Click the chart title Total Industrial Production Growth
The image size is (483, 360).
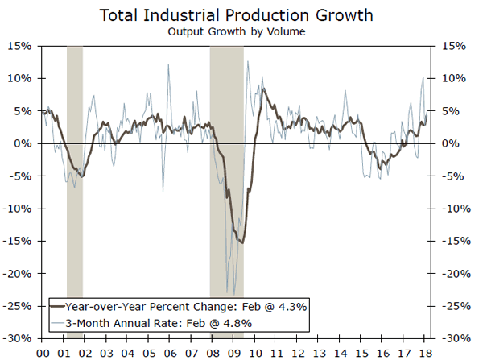241,15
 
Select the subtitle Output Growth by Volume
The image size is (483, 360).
241,32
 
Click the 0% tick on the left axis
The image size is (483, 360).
23,143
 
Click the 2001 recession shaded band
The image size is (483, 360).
74,161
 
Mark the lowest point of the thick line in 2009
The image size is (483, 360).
242,242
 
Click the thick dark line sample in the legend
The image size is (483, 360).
56,307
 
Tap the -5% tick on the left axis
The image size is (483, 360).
22,176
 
